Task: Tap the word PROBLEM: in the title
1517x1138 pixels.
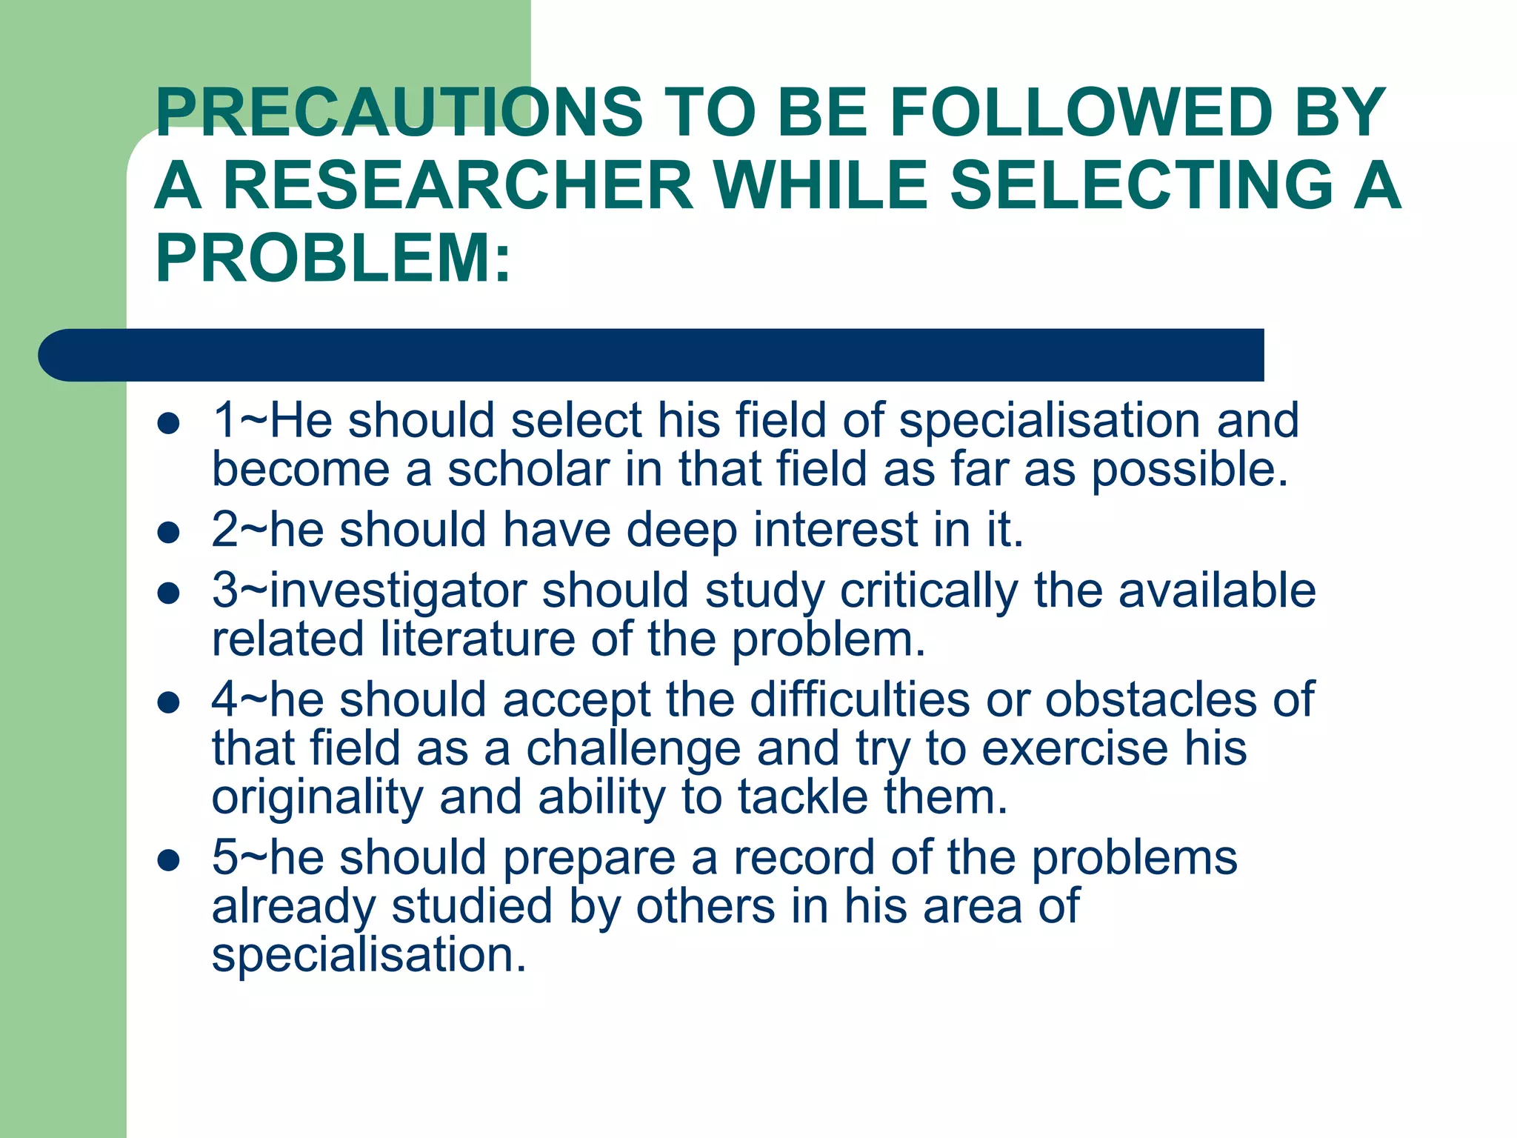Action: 333,259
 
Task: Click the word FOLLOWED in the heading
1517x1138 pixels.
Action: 1081,112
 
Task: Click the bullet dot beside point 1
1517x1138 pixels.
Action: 170,423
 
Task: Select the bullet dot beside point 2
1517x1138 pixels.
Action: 170,532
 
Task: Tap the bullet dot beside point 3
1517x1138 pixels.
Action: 170,593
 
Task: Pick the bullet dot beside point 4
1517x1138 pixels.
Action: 170,702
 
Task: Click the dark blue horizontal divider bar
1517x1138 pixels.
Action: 652,355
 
